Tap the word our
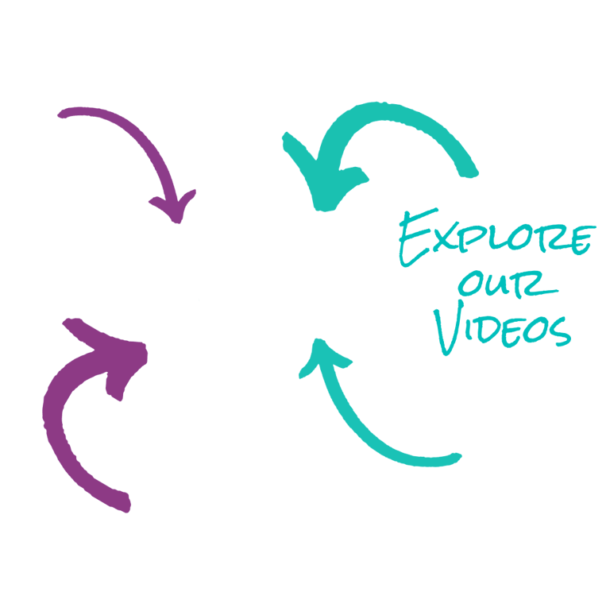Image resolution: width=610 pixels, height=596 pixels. (508, 284)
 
